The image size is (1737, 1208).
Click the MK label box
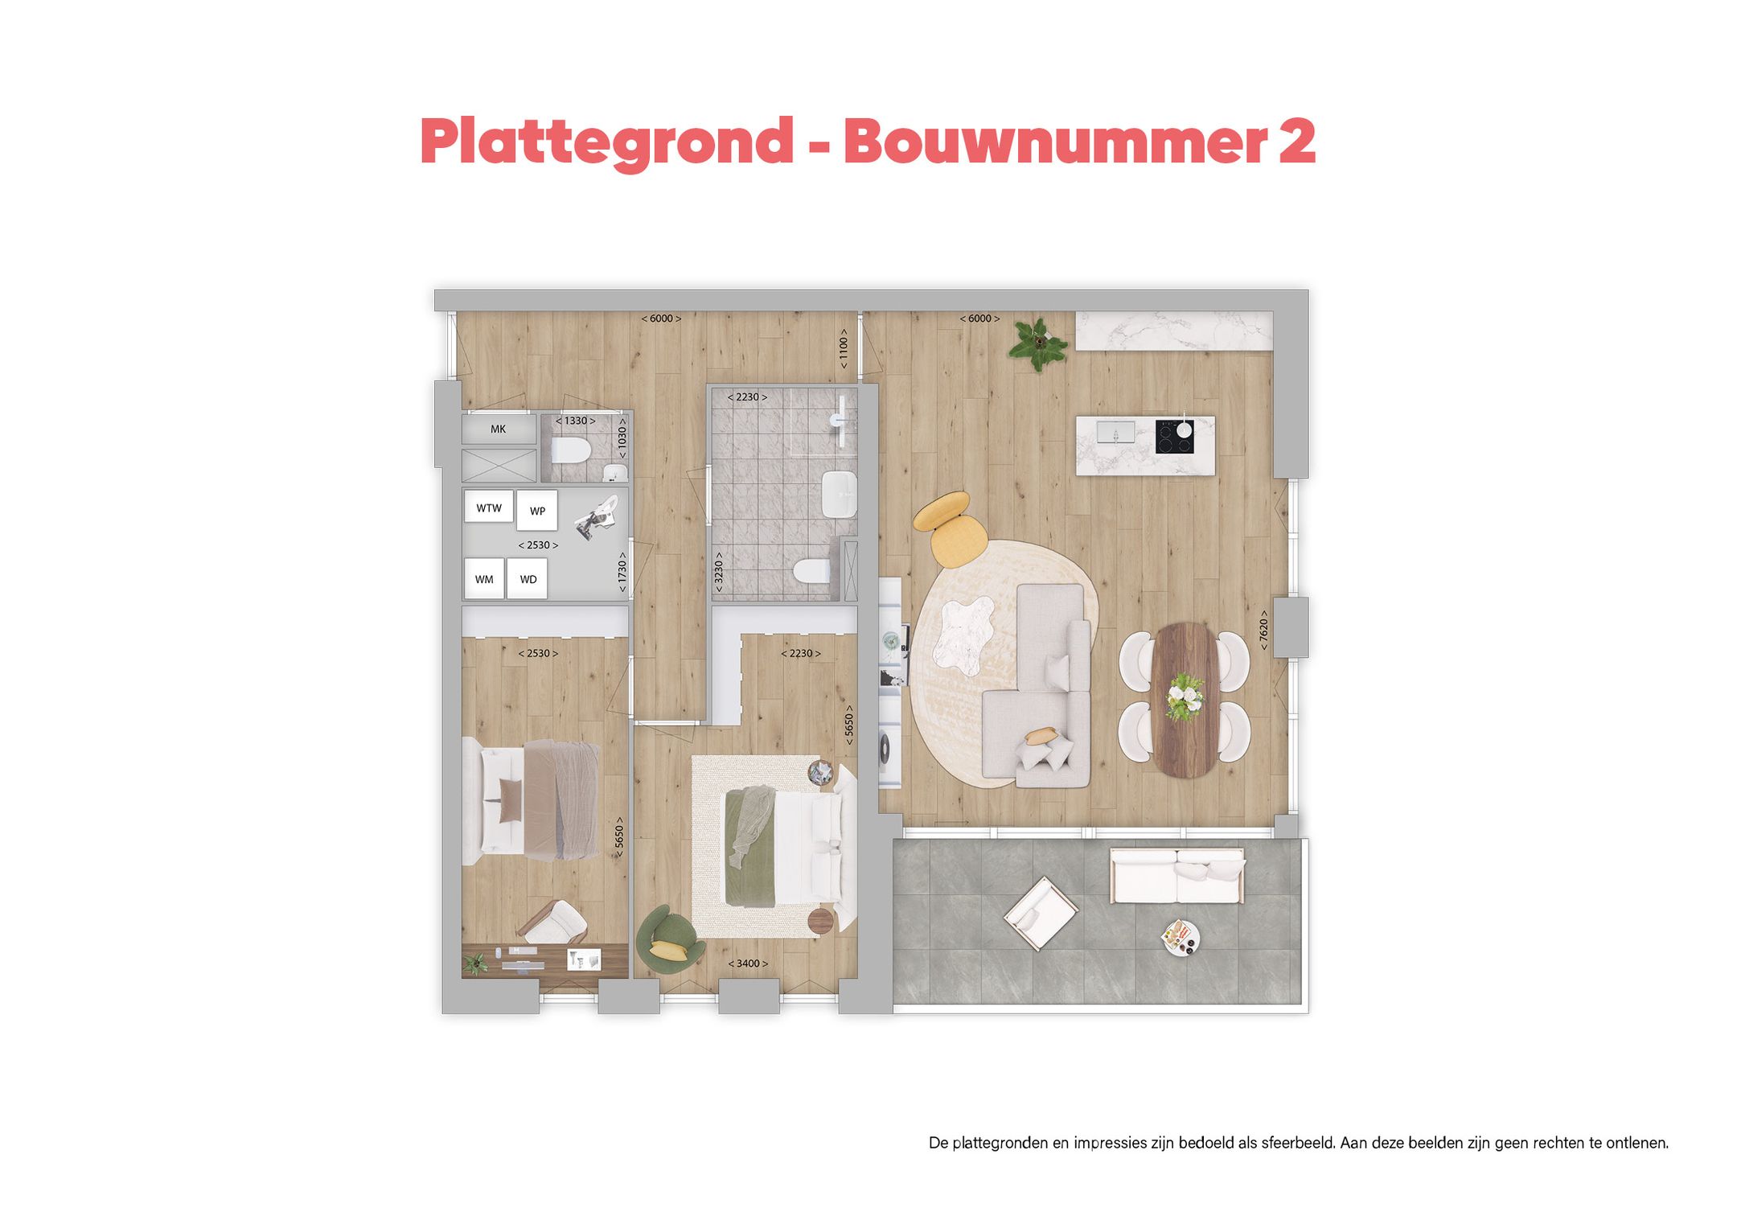[x=499, y=429]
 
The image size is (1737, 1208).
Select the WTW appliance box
[x=489, y=508]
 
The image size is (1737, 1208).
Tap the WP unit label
[x=537, y=511]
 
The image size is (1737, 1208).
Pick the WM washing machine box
[x=484, y=579]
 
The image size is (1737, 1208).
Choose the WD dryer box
[x=528, y=579]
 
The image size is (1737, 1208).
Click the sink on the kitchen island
[x=1116, y=433]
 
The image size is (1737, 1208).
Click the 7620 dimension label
[x=1263, y=630]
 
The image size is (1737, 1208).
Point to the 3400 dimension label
[x=748, y=964]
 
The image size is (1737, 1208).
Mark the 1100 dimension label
[x=843, y=348]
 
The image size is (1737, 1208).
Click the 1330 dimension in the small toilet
[x=576, y=421]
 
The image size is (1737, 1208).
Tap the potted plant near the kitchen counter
[x=1039, y=343]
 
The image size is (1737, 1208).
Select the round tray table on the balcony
[x=1180, y=938]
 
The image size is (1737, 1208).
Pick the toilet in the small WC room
[x=571, y=452]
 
